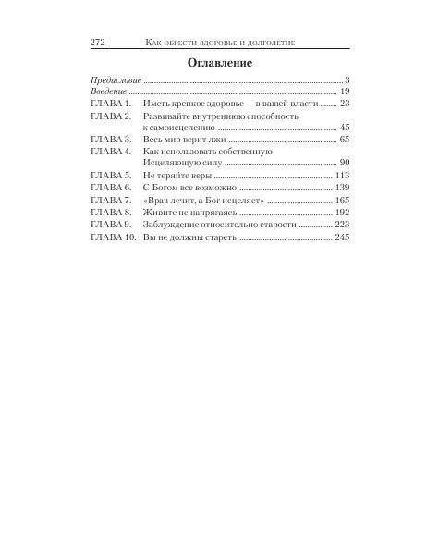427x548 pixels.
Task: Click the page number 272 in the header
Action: coord(100,43)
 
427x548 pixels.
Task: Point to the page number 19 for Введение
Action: coord(344,92)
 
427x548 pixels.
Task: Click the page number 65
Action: coord(344,140)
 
